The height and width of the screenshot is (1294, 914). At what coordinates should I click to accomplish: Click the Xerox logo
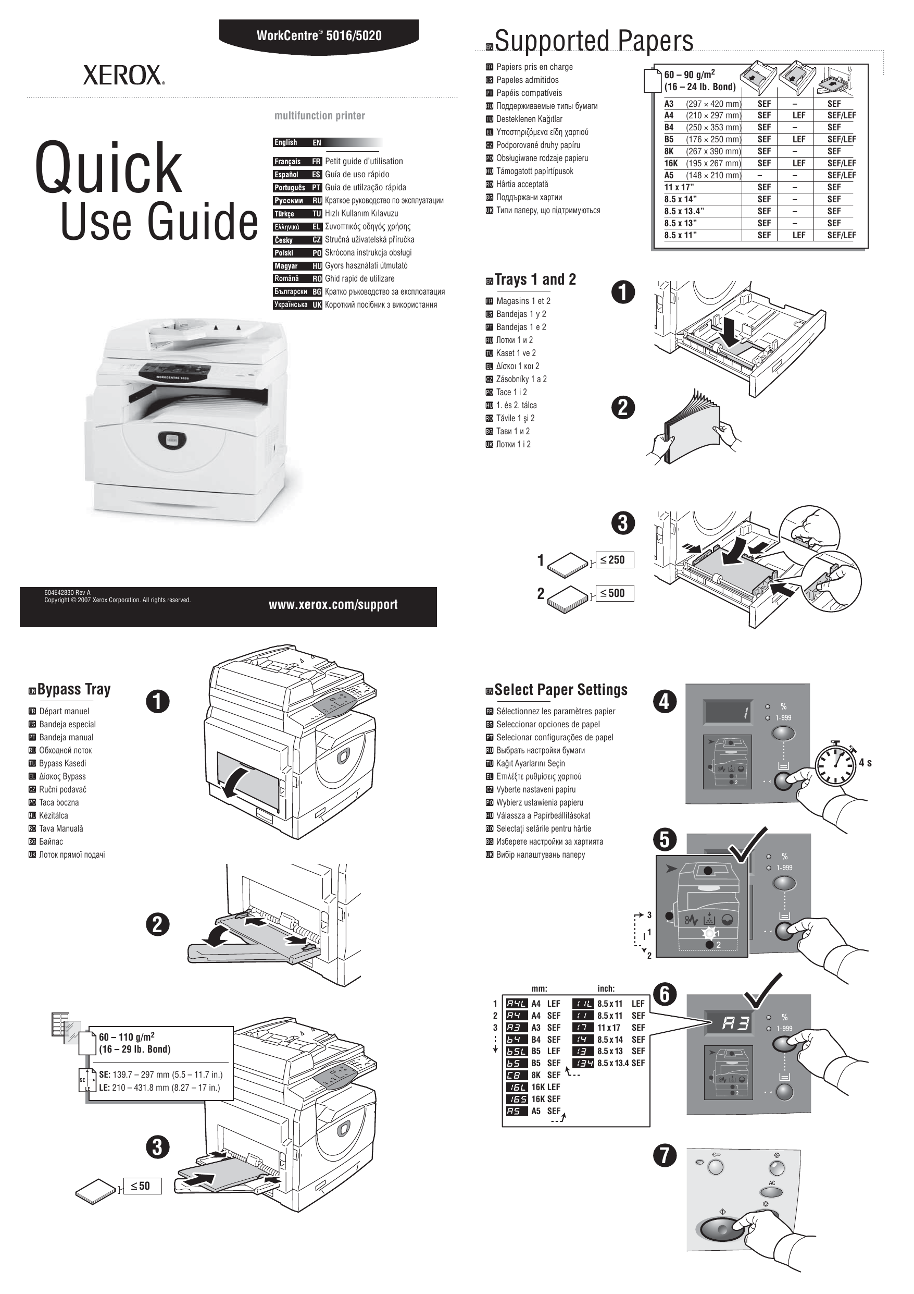pyautogui.click(x=124, y=75)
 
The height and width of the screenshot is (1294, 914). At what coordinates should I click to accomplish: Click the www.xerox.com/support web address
pyautogui.click(x=333, y=605)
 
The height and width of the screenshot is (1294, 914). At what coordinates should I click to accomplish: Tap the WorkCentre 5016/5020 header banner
pyautogui.click(x=319, y=35)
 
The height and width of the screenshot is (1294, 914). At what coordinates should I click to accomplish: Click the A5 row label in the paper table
pyautogui.click(x=669, y=175)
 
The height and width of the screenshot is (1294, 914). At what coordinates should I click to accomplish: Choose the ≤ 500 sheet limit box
pyautogui.click(x=615, y=593)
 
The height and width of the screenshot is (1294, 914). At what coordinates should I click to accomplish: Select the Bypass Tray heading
pyautogui.click(x=74, y=689)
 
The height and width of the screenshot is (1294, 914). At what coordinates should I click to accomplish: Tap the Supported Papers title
pyautogui.click(x=594, y=41)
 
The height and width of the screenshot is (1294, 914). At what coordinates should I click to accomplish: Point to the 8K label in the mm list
pyautogui.click(x=535, y=1075)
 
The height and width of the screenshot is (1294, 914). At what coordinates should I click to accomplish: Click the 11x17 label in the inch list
pyautogui.click(x=609, y=1028)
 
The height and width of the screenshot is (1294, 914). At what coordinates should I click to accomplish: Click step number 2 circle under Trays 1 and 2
pyautogui.click(x=623, y=408)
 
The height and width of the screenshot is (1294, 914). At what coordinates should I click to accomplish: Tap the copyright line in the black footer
pyautogui.click(x=118, y=600)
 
